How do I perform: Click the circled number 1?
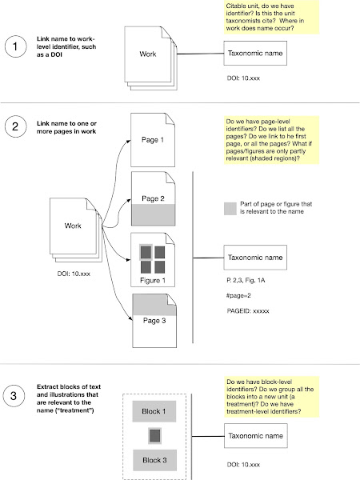(x=16, y=46)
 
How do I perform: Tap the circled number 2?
(x=16, y=126)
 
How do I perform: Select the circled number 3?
(x=14, y=395)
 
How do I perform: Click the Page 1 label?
(x=153, y=140)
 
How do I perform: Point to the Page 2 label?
(x=153, y=198)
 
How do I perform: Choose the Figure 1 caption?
(x=153, y=281)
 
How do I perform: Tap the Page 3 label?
(x=154, y=321)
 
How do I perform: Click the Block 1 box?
(x=154, y=411)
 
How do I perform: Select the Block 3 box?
(x=154, y=460)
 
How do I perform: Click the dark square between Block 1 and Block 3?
(x=154, y=436)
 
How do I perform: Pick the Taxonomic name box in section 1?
(x=255, y=54)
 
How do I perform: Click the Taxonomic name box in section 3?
(x=256, y=436)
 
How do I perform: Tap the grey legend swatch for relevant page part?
(x=230, y=209)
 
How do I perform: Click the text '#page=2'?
(x=238, y=296)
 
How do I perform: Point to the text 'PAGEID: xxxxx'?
(x=248, y=311)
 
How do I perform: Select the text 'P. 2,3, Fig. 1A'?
(x=246, y=280)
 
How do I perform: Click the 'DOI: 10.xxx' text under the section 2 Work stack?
(x=74, y=274)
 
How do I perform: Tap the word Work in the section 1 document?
(x=148, y=54)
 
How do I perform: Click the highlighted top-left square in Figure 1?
(x=146, y=253)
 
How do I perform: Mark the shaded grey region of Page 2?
(x=154, y=215)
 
